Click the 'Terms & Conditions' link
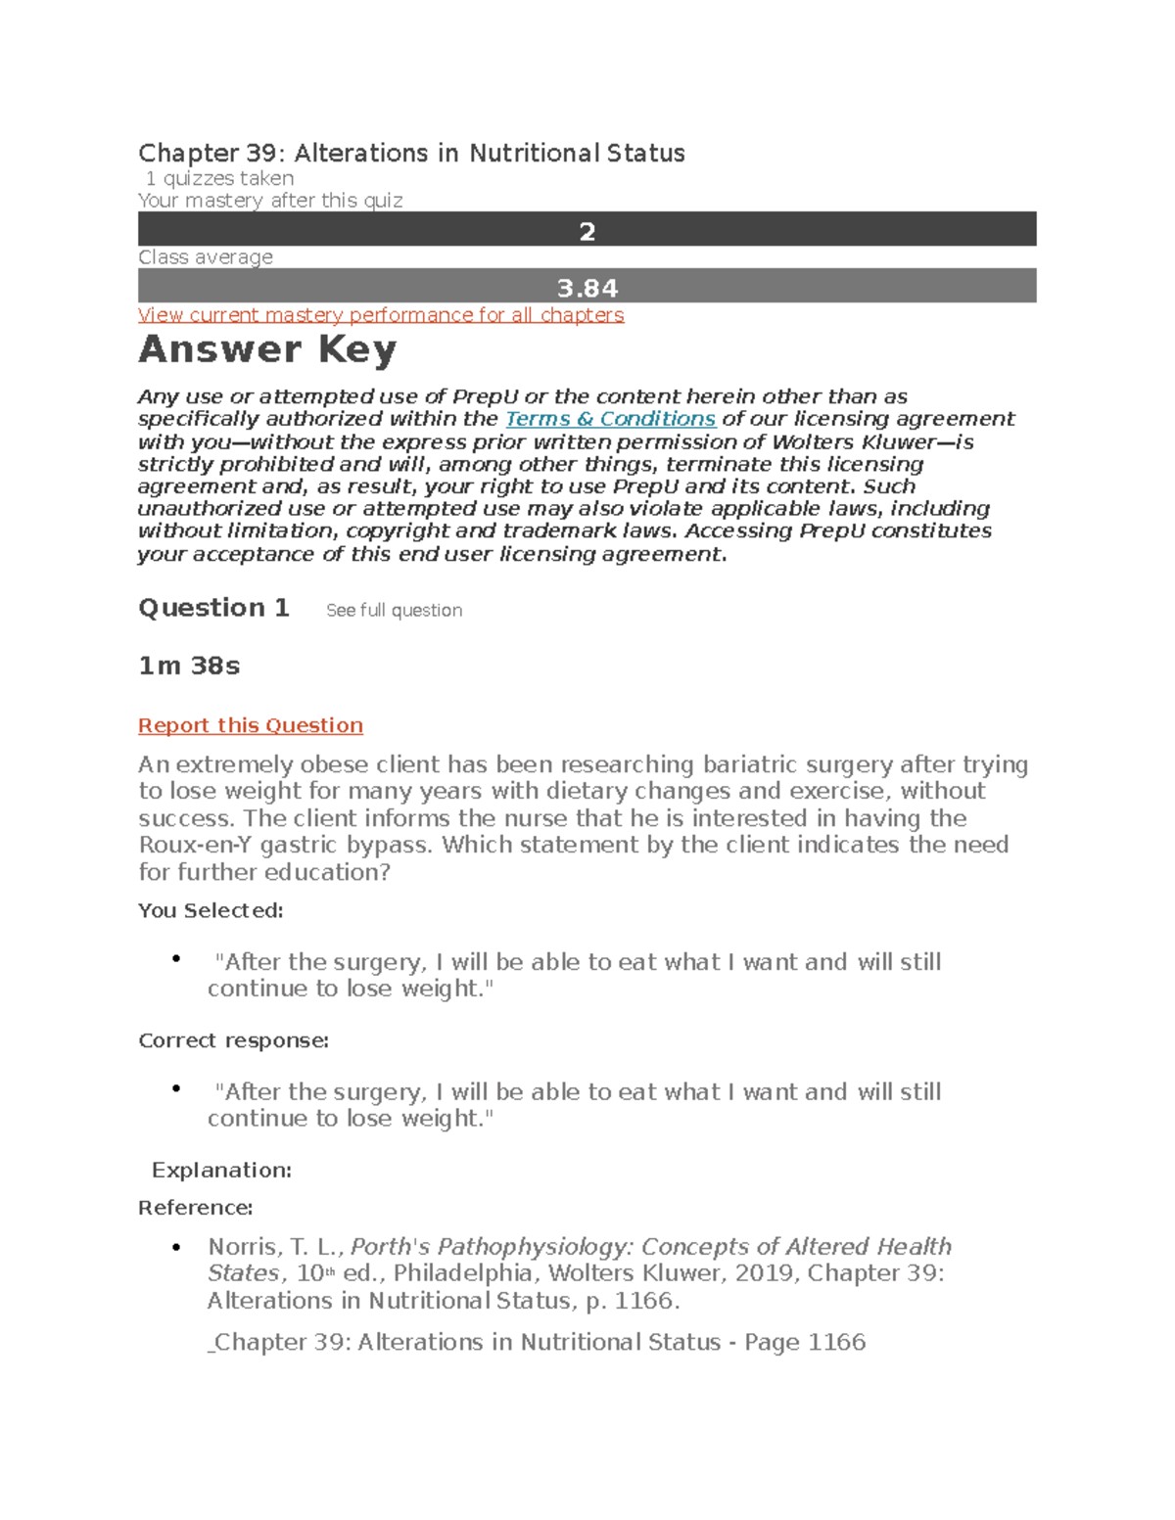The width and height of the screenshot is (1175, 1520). pos(610,419)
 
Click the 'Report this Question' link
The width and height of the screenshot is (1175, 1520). pos(251,725)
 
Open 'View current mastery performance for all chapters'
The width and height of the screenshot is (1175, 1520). pos(381,315)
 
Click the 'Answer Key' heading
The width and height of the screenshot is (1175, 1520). pos(267,349)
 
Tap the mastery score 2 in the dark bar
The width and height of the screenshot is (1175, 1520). pos(587,231)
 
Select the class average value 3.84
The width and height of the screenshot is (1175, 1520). pos(587,288)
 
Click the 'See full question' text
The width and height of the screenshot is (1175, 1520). pos(394,611)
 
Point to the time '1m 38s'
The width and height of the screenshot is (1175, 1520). pos(189,666)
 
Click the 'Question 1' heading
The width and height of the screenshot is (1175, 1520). pos(213,608)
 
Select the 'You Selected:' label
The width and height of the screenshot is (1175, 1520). pos(211,910)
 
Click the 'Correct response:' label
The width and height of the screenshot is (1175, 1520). pos(233,1040)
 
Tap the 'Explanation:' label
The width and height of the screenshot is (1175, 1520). pos(221,1171)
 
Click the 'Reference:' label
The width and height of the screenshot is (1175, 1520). pos(196,1208)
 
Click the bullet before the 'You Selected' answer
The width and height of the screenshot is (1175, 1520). pos(176,959)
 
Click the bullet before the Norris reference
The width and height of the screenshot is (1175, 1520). pos(176,1247)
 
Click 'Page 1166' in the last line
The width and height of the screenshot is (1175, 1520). pos(805,1342)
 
